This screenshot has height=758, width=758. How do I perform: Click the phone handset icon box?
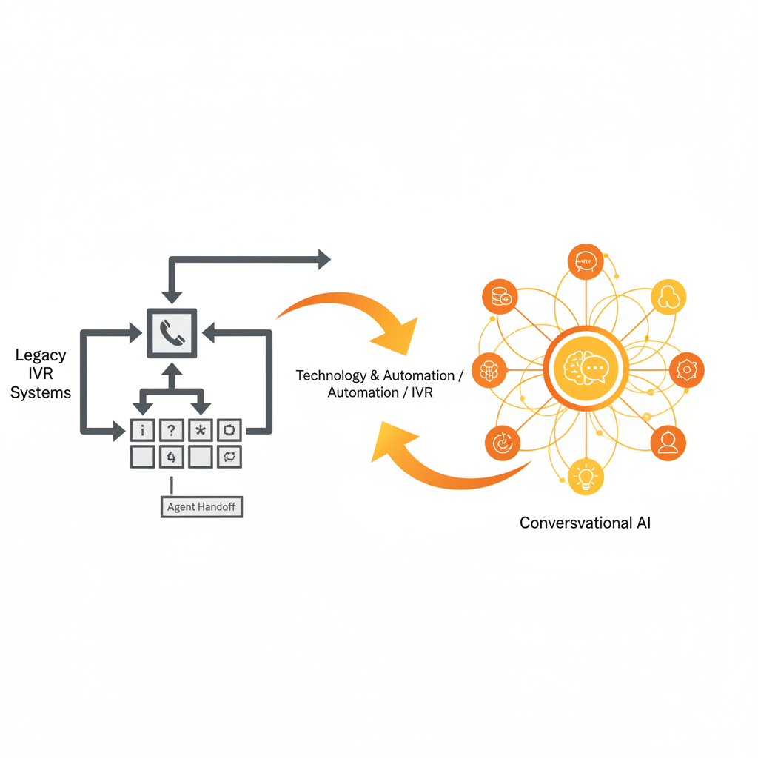172,334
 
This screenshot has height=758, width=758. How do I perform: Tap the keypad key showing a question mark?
171,430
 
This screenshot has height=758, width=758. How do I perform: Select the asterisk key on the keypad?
200,430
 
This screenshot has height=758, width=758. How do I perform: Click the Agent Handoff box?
201,507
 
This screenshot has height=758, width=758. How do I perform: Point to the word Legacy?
41,355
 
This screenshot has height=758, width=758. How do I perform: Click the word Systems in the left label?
41,392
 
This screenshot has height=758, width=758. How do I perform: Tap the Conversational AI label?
585,523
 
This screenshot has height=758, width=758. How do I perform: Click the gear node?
686,369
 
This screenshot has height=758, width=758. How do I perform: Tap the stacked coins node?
500,297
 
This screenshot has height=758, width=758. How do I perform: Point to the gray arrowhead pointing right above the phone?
323,258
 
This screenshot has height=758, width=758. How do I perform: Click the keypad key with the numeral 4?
171,457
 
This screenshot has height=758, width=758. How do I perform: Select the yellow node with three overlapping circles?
668,298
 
